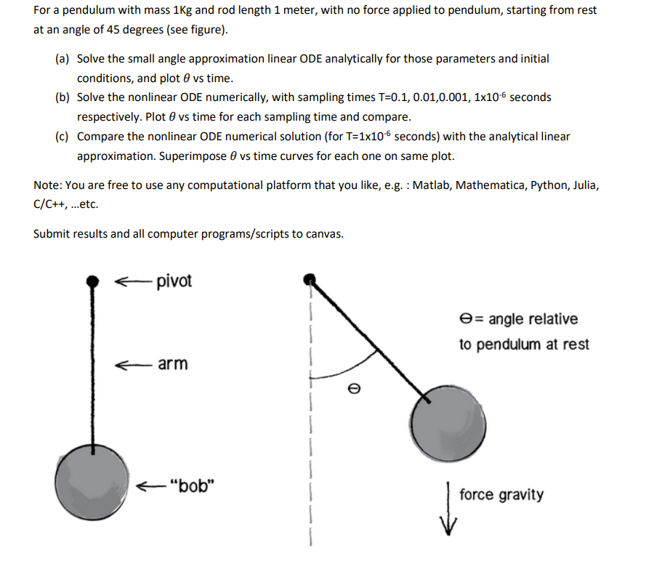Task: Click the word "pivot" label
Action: [x=174, y=281]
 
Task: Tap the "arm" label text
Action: [x=172, y=363]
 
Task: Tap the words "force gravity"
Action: [x=501, y=495]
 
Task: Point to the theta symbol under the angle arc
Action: [x=353, y=389]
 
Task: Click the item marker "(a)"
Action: [x=62, y=58]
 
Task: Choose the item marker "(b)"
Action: [x=62, y=97]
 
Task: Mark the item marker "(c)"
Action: [x=62, y=137]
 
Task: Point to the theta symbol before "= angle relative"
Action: [x=466, y=319]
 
